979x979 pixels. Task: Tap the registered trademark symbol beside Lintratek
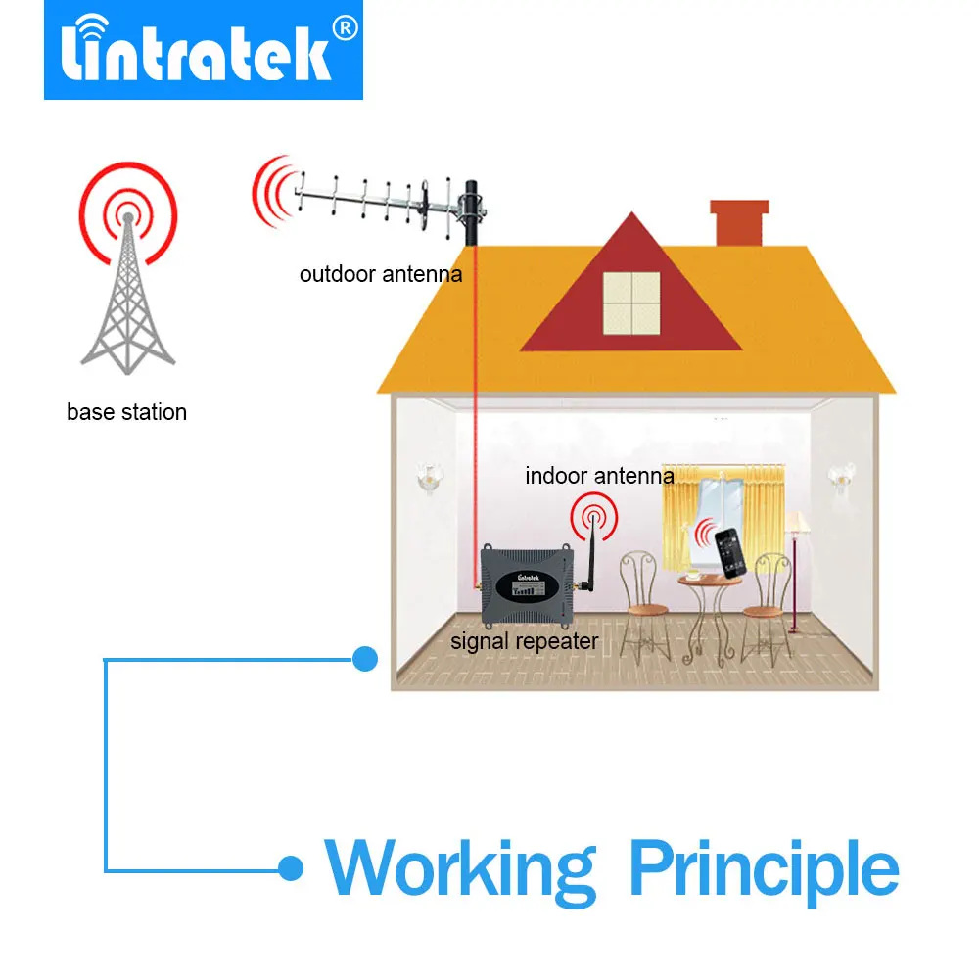(344, 30)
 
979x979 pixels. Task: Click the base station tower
(126, 294)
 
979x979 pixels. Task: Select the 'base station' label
(126, 412)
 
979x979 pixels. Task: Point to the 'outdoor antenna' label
(380, 274)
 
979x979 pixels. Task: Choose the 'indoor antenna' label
(599, 477)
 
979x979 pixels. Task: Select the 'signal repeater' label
(523, 642)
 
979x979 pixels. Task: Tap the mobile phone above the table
(729, 554)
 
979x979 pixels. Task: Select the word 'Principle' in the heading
(764, 866)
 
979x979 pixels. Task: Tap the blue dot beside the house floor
(364, 659)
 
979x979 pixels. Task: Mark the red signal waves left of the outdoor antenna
(271, 192)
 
